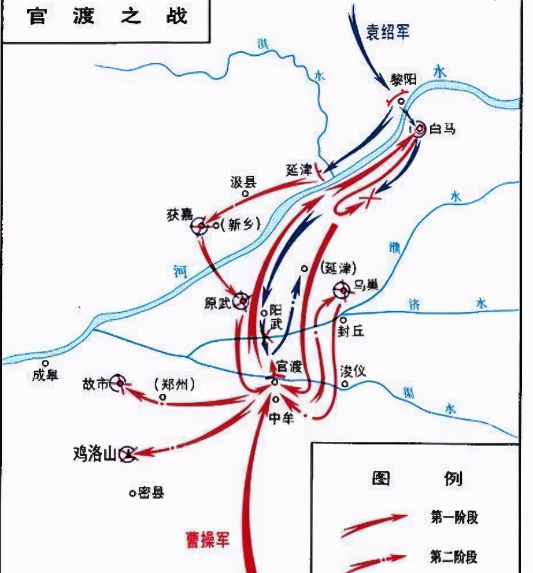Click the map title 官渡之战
pyautogui.click(x=107, y=17)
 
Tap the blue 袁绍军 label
pyautogui.click(x=387, y=32)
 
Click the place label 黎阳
pyautogui.click(x=403, y=80)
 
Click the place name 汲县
pyautogui.click(x=243, y=182)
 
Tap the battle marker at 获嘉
pyautogui.click(x=199, y=226)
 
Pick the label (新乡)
pyautogui.click(x=241, y=225)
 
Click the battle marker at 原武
pyautogui.click(x=241, y=301)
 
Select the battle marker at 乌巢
pyautogui.click(x=342, y=290)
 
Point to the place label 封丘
pyautogui.click(x=351, y=331)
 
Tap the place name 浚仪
pyautogui.click(x=353, y=371)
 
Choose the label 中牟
pyautogui.click(x=281, y=417)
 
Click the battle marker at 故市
pyautogui.click(x=119, y=383)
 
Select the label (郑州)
pyautogui.click(x=174, y=384)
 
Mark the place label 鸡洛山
pyautogui.click(x=94, y=453)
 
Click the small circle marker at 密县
pyautogui.click(x=132, y=493)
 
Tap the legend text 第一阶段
pyautogui.click(x=454, y=517)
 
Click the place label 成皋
pyautogui.click(x=45, y=375)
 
